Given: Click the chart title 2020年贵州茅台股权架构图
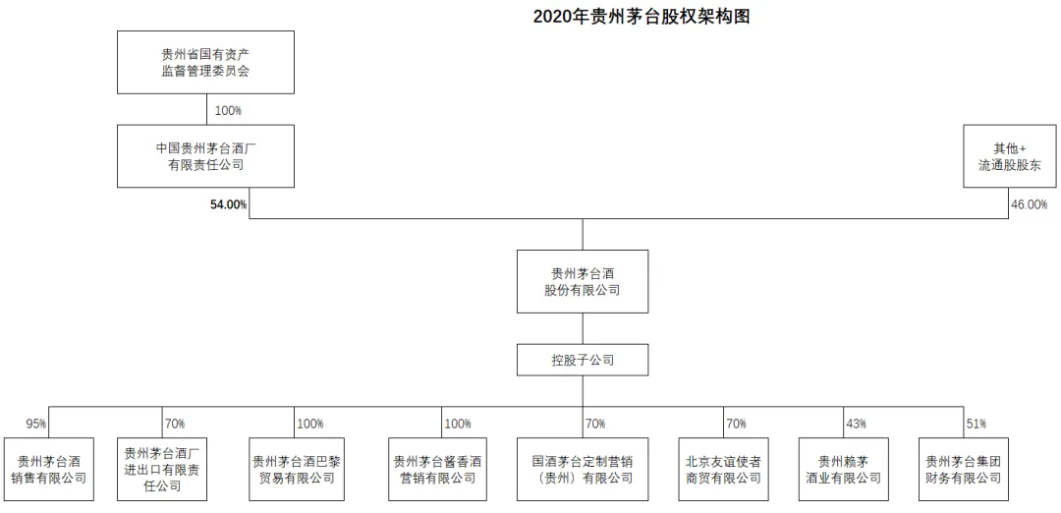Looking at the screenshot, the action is click(x=642, y=17).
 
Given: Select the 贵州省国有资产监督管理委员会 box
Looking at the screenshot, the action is click(x=205, y=62).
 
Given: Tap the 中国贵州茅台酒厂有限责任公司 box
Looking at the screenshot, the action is click(x=205, y=155).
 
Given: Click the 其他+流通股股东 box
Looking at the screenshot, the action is click(x=1010, y=155).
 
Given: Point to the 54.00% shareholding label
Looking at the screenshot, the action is click(x=229, y=204).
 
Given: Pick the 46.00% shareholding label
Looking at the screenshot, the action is click(x=1029, y=204).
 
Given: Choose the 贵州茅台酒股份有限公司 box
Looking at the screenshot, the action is click(x=583, y=281).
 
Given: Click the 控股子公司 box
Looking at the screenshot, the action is click(x=583, y=360).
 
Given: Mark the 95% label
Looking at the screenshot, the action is click(x=36, y=425).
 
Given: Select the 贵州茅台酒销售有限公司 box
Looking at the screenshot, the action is click(x=49, y=469).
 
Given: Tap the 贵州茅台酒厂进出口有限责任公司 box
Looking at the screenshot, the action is click(x=162, y=469).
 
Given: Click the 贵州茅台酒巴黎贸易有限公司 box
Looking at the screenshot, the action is click(x=294, y=469).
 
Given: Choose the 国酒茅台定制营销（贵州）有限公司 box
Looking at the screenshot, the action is click(x=583, y=469).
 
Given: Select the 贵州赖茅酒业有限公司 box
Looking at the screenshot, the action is click(x=843, y=469).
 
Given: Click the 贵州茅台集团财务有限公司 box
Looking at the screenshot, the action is click(x=964, y=469).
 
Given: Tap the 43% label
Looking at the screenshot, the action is click(x=856, y=425).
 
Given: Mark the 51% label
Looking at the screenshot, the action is click(x=977, y=425).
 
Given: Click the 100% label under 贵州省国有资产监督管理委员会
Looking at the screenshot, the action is click(x=228, y=110).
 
